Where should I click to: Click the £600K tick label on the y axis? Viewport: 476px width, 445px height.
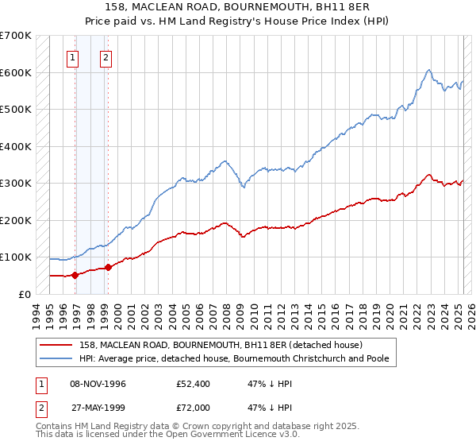click(x=16, y=72)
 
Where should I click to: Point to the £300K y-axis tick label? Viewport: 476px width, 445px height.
click(x=16, y=183)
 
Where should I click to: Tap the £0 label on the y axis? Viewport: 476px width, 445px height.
click(x=23, y=294)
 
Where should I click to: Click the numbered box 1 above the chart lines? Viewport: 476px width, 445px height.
click(x=73, y=56)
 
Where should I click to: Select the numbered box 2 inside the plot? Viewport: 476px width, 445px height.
click(x=106, y=56)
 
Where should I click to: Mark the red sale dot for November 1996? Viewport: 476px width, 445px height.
click(x=75, y=275)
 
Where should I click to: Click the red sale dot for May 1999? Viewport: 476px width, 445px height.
click(x=108, y=268)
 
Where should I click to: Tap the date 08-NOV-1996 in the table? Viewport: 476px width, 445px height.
click(x=98, y=385)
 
